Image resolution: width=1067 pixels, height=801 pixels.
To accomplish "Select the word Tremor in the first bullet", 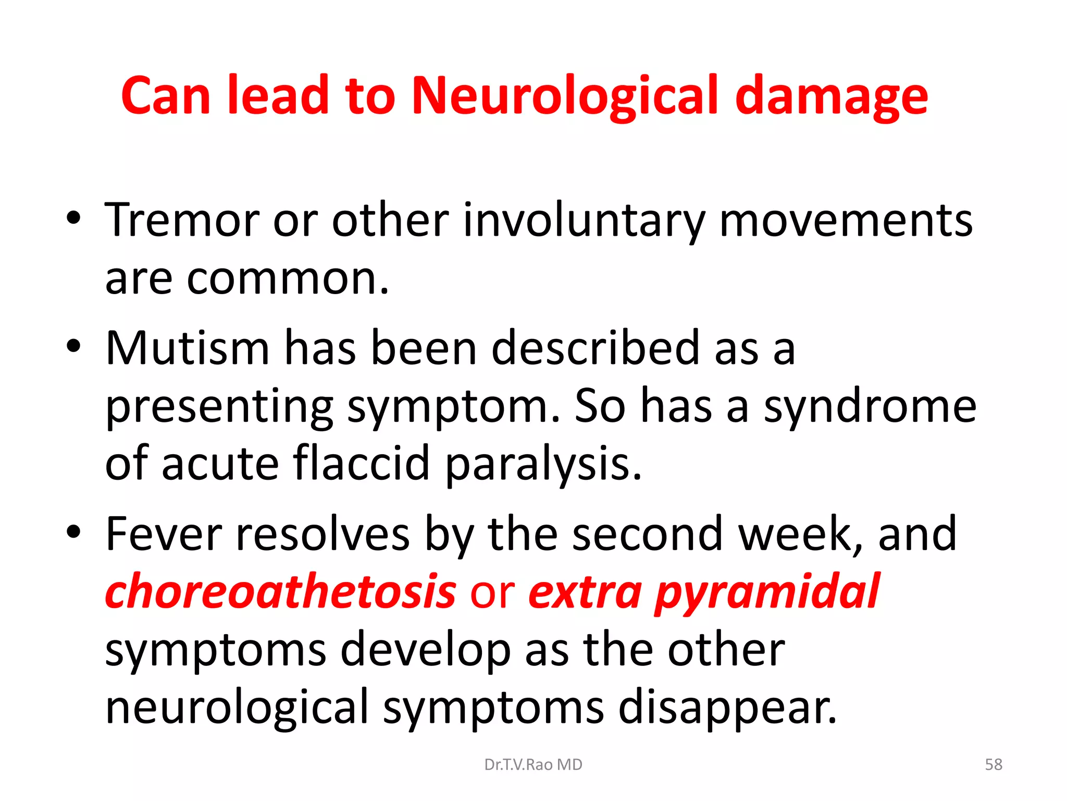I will tap(182, 220).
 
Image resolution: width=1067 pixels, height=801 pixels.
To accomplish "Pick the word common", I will tap(287, 279).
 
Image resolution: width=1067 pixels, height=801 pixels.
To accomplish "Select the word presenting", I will tap(219, 407).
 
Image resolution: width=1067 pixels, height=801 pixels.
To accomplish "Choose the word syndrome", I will tap(870, 407).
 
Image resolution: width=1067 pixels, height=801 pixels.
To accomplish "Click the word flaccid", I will tap(361, 463).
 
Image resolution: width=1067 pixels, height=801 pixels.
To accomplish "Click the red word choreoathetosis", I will tap(281, 592).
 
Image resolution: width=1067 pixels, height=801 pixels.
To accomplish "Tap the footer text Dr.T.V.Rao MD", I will tap(533, 764).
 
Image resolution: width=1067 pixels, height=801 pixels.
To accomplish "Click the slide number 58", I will tap(994, 764).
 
